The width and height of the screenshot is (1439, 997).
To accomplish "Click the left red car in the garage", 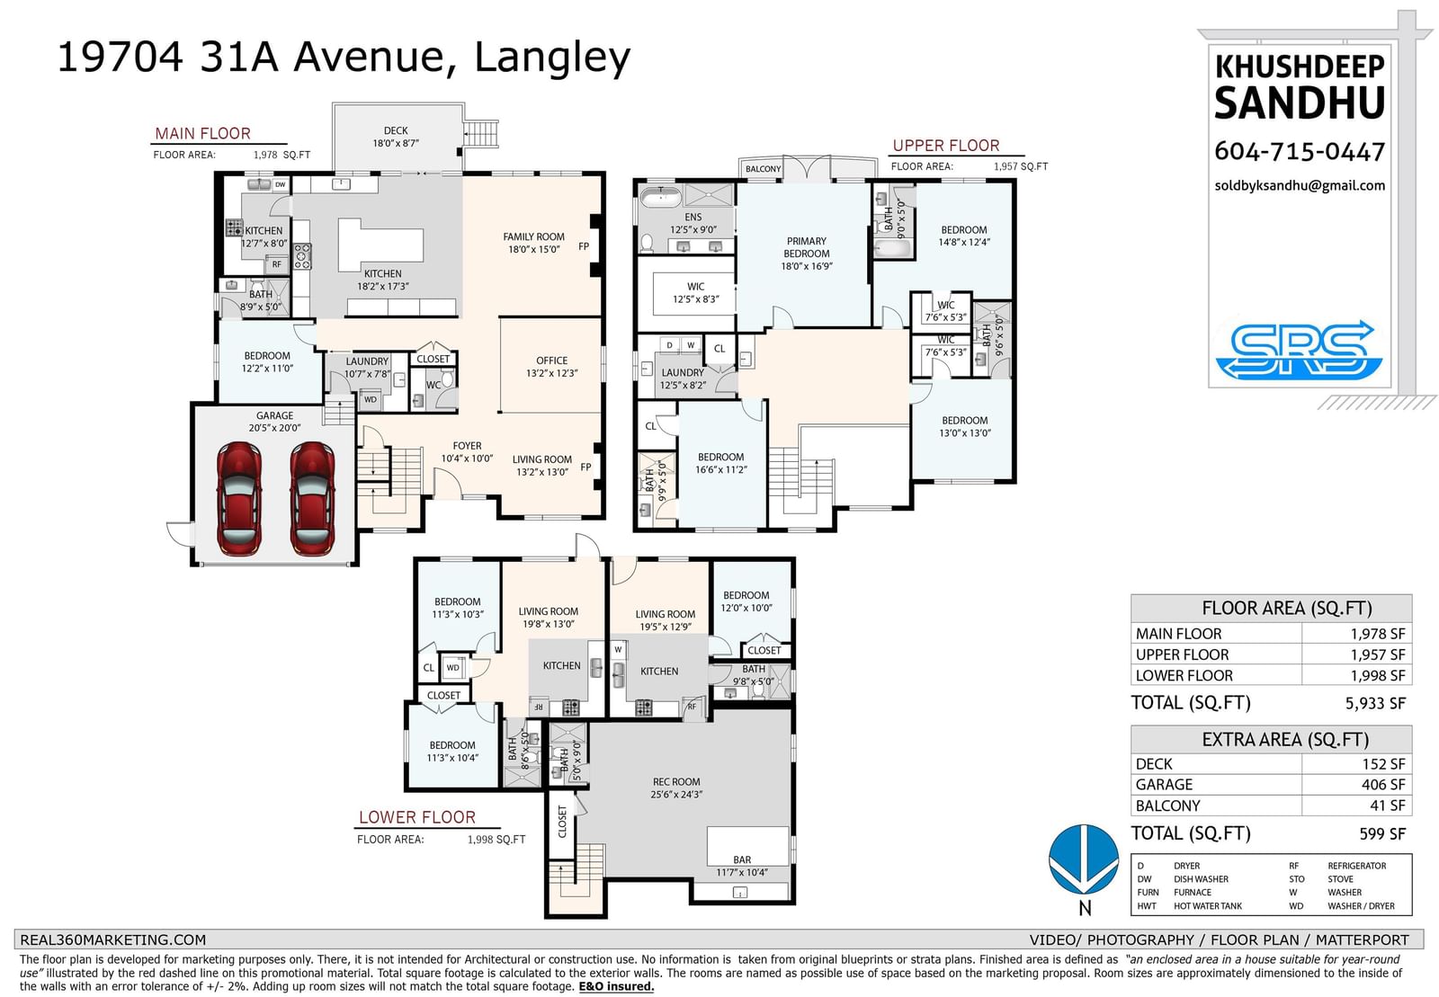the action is pos(239,498).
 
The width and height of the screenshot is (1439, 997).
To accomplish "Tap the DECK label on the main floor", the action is pos(396,130).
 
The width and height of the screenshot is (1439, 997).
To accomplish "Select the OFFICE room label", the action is pos(552,361).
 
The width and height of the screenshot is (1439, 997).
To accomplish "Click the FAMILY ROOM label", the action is pos(533,237).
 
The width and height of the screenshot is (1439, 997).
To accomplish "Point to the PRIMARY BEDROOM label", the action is pos(806,247).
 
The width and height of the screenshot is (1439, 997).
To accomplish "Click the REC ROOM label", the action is pos(675,782).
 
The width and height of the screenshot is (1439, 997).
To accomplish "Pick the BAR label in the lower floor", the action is pos(742,859).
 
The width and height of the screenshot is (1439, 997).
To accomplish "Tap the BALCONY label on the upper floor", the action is pos(764,169).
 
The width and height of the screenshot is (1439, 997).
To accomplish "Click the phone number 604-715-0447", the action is pos(1300,152).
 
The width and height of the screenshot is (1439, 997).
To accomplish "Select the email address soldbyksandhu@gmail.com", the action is pos(1300,185).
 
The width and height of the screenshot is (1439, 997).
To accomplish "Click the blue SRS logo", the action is pos(1299,350).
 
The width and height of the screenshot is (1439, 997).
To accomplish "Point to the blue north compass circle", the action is pos(1084,859).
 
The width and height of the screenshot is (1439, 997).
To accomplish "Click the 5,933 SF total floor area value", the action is pos(1375,703).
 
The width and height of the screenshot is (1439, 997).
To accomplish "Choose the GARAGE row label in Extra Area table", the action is pos(1164,785).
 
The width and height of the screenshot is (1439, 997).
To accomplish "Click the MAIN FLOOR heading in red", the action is pos(203,134).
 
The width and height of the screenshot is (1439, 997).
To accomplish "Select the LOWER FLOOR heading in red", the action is pos(417,817).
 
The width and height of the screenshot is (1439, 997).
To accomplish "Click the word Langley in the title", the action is pos(552,58).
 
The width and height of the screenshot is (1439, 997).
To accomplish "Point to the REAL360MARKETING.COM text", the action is pos(113,939).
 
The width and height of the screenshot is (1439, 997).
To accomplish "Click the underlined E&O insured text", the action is pos(616,986).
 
